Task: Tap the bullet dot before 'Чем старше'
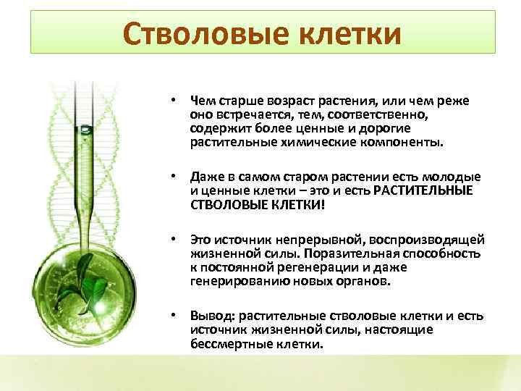[174, 101]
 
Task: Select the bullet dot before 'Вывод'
[174, 316]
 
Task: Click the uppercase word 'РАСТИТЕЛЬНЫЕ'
[423, 190]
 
